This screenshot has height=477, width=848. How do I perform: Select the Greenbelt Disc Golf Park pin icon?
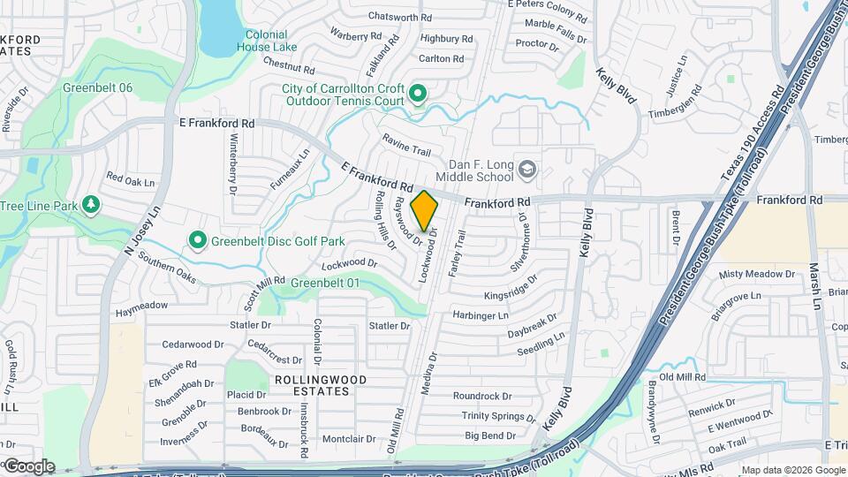click(198, 239)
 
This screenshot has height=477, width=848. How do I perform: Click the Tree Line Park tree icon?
click(90, 206)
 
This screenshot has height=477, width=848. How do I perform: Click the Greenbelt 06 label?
click(97, 88)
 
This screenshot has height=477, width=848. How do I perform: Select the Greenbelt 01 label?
click(327, 283)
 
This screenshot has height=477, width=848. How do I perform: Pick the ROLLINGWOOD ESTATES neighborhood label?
click(320, 384)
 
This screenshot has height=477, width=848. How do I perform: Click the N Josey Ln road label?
click(141, 231)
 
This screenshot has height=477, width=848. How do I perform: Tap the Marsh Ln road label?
click(814, 285)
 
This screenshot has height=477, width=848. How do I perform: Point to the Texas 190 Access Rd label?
click(752, 134)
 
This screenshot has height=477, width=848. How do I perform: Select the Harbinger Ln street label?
click(481, 315)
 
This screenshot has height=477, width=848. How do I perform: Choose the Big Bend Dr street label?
click(490, 435)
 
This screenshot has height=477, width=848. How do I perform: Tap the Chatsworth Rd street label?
click(400, 16)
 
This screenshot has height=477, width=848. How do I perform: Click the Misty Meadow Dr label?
click(756, 275)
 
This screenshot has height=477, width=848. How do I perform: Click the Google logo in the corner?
click(28, 466)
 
